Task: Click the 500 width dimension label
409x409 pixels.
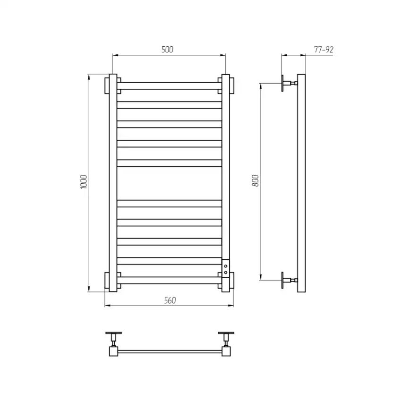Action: tap(167, 49)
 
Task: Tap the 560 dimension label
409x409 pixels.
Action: tap(170, 300)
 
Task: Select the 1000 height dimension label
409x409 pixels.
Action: tap(84, 182)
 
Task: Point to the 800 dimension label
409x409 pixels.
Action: tap(256, 180)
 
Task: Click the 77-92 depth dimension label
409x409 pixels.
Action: tap(324, 50)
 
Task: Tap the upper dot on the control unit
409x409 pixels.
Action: tap(226, 266)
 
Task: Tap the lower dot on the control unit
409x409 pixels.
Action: tap(226, 273)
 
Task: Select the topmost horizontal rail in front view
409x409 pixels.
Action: tap(169, 86)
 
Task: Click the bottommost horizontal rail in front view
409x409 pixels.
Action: tap(169, 281)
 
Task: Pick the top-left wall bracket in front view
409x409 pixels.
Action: tap(107, 85)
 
